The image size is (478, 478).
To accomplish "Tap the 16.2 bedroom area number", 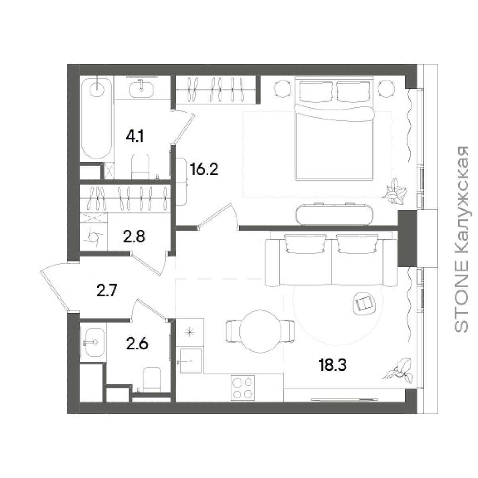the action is pyautogui.click(x=204, y=170).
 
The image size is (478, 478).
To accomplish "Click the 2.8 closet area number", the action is pyautogui.click(x=134, y=237).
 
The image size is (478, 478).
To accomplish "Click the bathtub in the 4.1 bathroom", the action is pyautogui.click(x=96, y=119).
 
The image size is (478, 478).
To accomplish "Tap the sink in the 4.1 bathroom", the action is pyautogui.click(x=141, y=88).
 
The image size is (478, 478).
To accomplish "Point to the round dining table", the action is pyautogui.click(x=260, y=331).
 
